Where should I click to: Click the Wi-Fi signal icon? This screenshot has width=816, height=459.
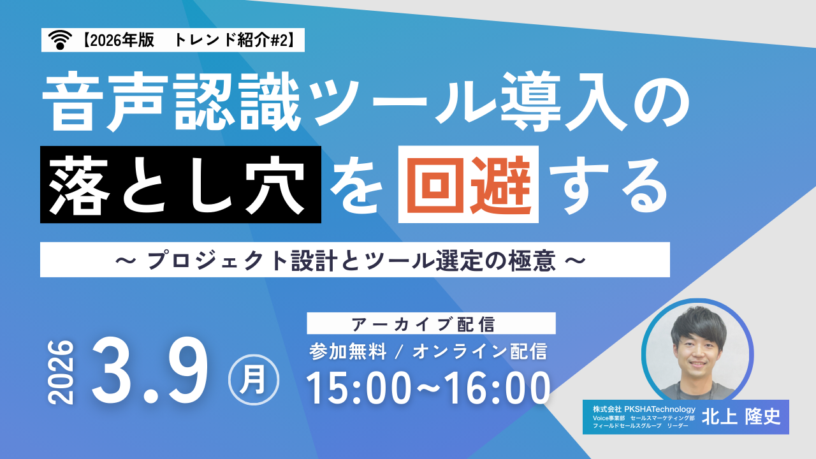(60, 40)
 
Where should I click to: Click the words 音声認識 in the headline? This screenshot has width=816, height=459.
(171, 101)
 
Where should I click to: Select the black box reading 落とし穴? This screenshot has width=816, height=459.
(180, 184)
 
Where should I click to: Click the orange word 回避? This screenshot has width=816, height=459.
(469, 184)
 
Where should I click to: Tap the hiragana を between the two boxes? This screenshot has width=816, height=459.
(356, 187)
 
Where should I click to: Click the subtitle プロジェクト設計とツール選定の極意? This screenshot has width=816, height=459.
(351, 260)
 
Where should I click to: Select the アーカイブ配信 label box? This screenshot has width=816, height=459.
(432, 323)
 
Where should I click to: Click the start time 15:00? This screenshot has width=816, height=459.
(359, 388)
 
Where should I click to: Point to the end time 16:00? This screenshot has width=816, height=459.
(497, 388)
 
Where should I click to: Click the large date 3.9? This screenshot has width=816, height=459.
(150, 369)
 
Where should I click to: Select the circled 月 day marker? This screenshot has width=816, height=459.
(254, 379)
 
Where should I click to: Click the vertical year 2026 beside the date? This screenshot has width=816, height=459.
(61, 372)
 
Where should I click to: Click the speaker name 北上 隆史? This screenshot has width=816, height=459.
(741, 417)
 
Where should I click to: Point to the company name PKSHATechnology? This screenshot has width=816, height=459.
(660, 409)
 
